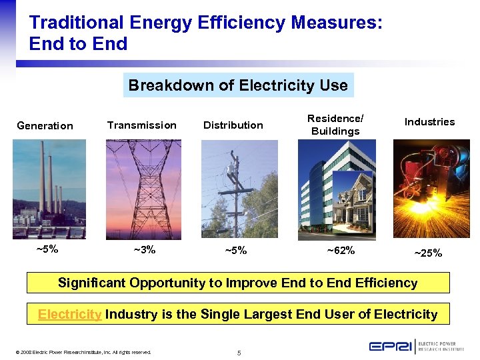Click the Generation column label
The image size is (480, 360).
(45, 125)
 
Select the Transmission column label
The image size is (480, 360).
(141, 125)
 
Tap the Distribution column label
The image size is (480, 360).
(233, 125)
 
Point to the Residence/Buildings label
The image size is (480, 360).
(335, 125)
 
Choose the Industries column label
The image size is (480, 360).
(429, 121)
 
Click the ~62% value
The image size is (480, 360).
(340, 251)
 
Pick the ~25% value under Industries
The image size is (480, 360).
(429, 253)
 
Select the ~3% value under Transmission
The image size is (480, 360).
(144, 249)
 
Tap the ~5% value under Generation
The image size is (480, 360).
(47, 249)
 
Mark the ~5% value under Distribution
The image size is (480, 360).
(236, 251)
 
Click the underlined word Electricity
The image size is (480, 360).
(69, 314)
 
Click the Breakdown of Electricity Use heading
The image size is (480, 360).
(238, 85)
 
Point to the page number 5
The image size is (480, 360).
(239, 352)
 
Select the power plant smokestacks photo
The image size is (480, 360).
(49, 189)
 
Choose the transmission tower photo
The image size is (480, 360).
(143, 189)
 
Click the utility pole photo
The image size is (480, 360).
(239, 189)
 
